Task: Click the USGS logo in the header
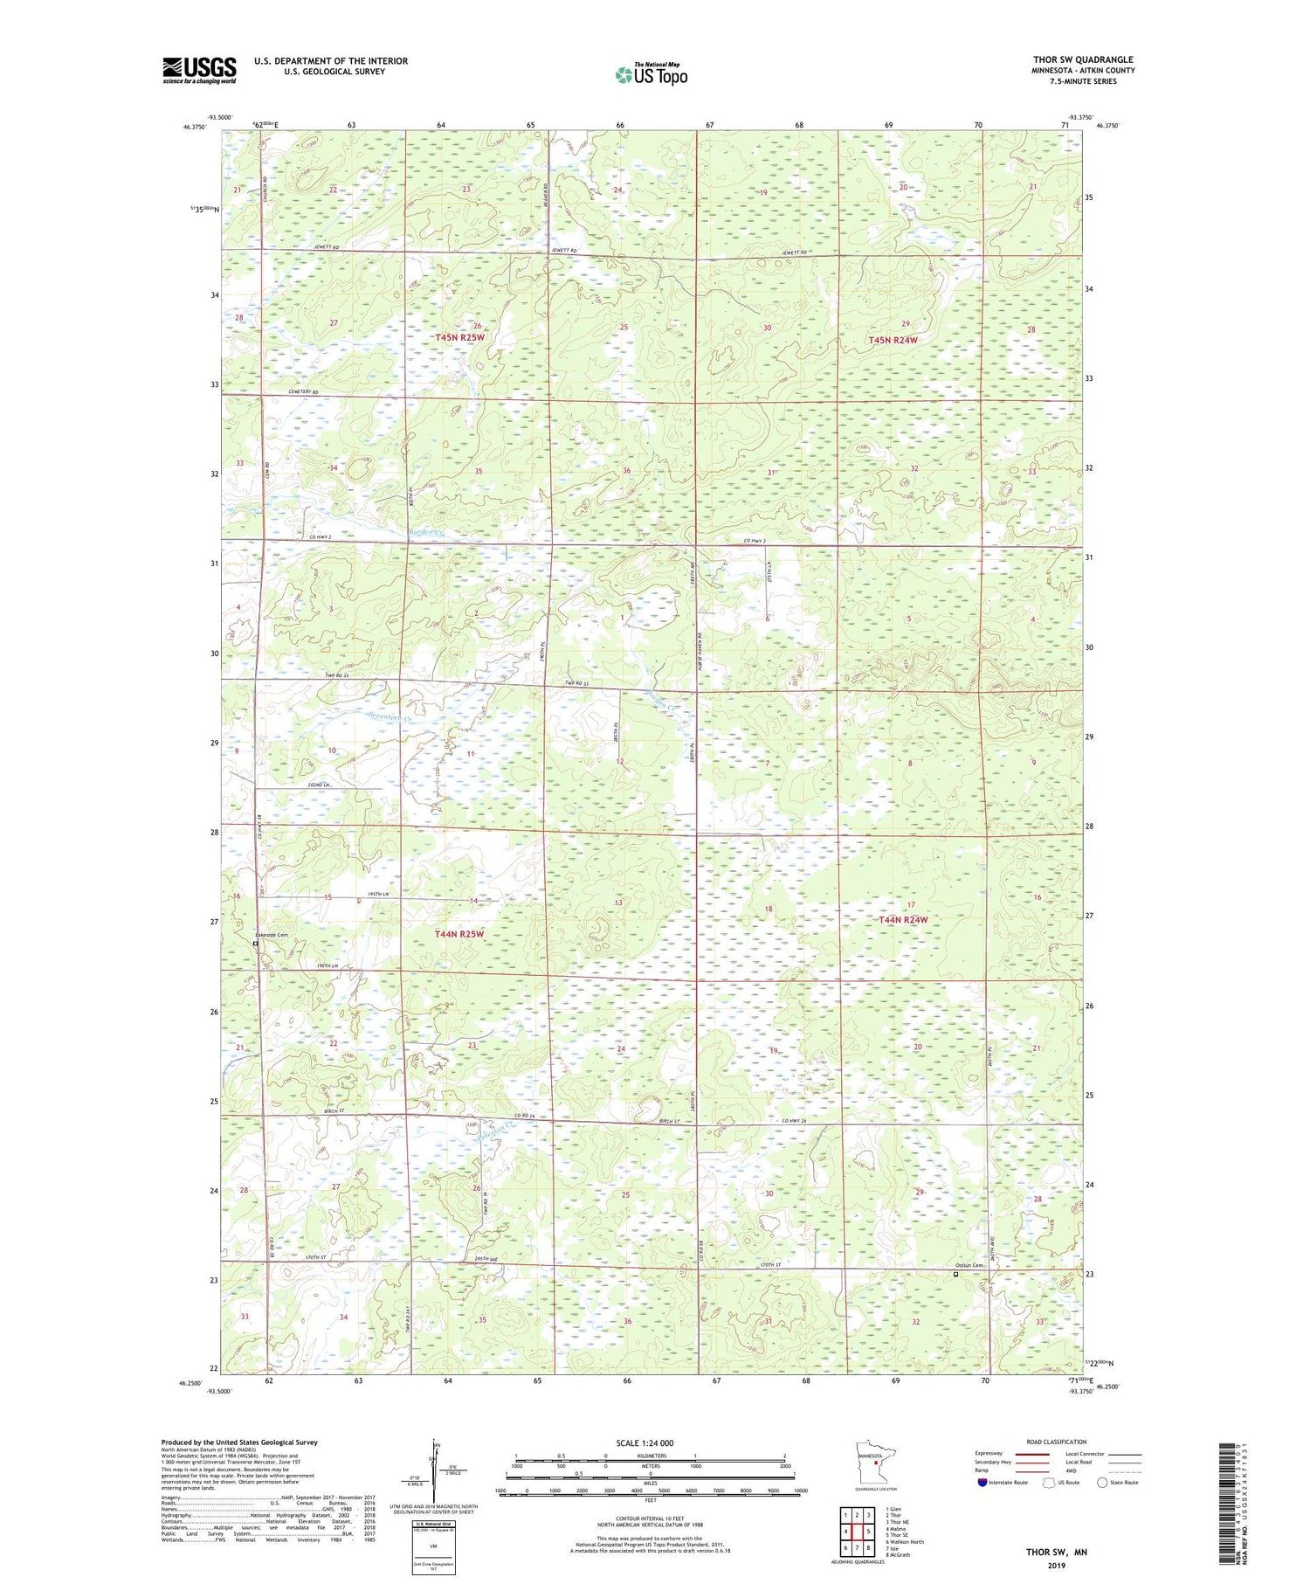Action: coord(198,70)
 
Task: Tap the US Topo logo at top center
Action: coord(651,75)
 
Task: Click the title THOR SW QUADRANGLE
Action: coord(1083,59)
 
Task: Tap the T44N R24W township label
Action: coord(903,920)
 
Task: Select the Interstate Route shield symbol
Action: coord(982,1482)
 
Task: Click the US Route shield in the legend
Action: coord(1050,1482)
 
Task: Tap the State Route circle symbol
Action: coord(1102,1482)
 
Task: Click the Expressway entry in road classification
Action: coord(991,1454)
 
